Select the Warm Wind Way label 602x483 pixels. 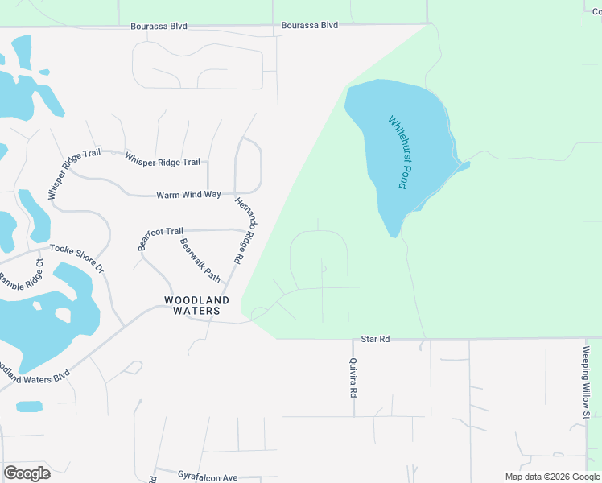coord(188,195)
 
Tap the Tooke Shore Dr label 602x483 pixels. coord(77,258)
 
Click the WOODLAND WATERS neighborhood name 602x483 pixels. coord(196,305)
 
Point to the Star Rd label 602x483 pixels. coord(375,340)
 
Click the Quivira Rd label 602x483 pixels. coord(353,378)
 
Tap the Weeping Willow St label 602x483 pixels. coord(587,383)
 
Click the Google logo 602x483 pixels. coord(27,473)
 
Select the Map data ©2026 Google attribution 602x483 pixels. coord(552,477)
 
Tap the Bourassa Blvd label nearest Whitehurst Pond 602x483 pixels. coord(310,26)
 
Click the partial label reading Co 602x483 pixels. coord(596,10)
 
